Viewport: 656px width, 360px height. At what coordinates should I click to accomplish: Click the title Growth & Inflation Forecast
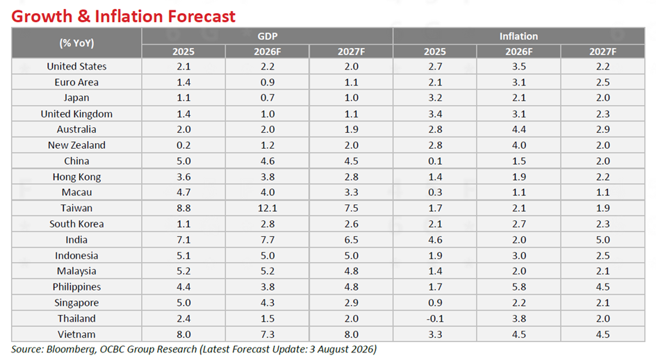124,16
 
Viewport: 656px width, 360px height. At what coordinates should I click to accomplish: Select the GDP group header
268,36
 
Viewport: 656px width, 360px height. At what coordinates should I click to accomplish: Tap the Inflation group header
518,36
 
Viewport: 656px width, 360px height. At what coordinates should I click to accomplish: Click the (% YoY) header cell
76,43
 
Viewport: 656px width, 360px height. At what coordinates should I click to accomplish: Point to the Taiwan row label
76,208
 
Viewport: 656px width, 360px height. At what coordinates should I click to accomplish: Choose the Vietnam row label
76,334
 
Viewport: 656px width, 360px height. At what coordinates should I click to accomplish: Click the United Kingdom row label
76,114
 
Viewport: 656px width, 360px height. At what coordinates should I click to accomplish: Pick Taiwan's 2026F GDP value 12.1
268,208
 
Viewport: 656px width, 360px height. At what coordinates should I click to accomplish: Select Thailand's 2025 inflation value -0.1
435,318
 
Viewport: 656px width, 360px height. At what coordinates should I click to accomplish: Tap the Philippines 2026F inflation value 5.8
519,287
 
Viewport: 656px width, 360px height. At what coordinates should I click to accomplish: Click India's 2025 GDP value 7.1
183,240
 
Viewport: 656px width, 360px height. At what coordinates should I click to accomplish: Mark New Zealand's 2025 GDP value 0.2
183,145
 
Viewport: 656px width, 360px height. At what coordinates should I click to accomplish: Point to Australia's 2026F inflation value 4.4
519,129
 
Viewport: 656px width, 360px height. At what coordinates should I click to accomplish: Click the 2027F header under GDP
352,51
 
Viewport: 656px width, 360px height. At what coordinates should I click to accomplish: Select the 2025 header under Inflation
435,51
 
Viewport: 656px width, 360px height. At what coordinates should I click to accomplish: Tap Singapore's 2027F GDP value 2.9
352,302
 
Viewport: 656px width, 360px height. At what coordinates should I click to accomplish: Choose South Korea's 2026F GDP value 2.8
268,224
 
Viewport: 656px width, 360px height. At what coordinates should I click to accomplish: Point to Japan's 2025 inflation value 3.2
435,98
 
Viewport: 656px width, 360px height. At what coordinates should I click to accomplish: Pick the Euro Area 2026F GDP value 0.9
268,82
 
